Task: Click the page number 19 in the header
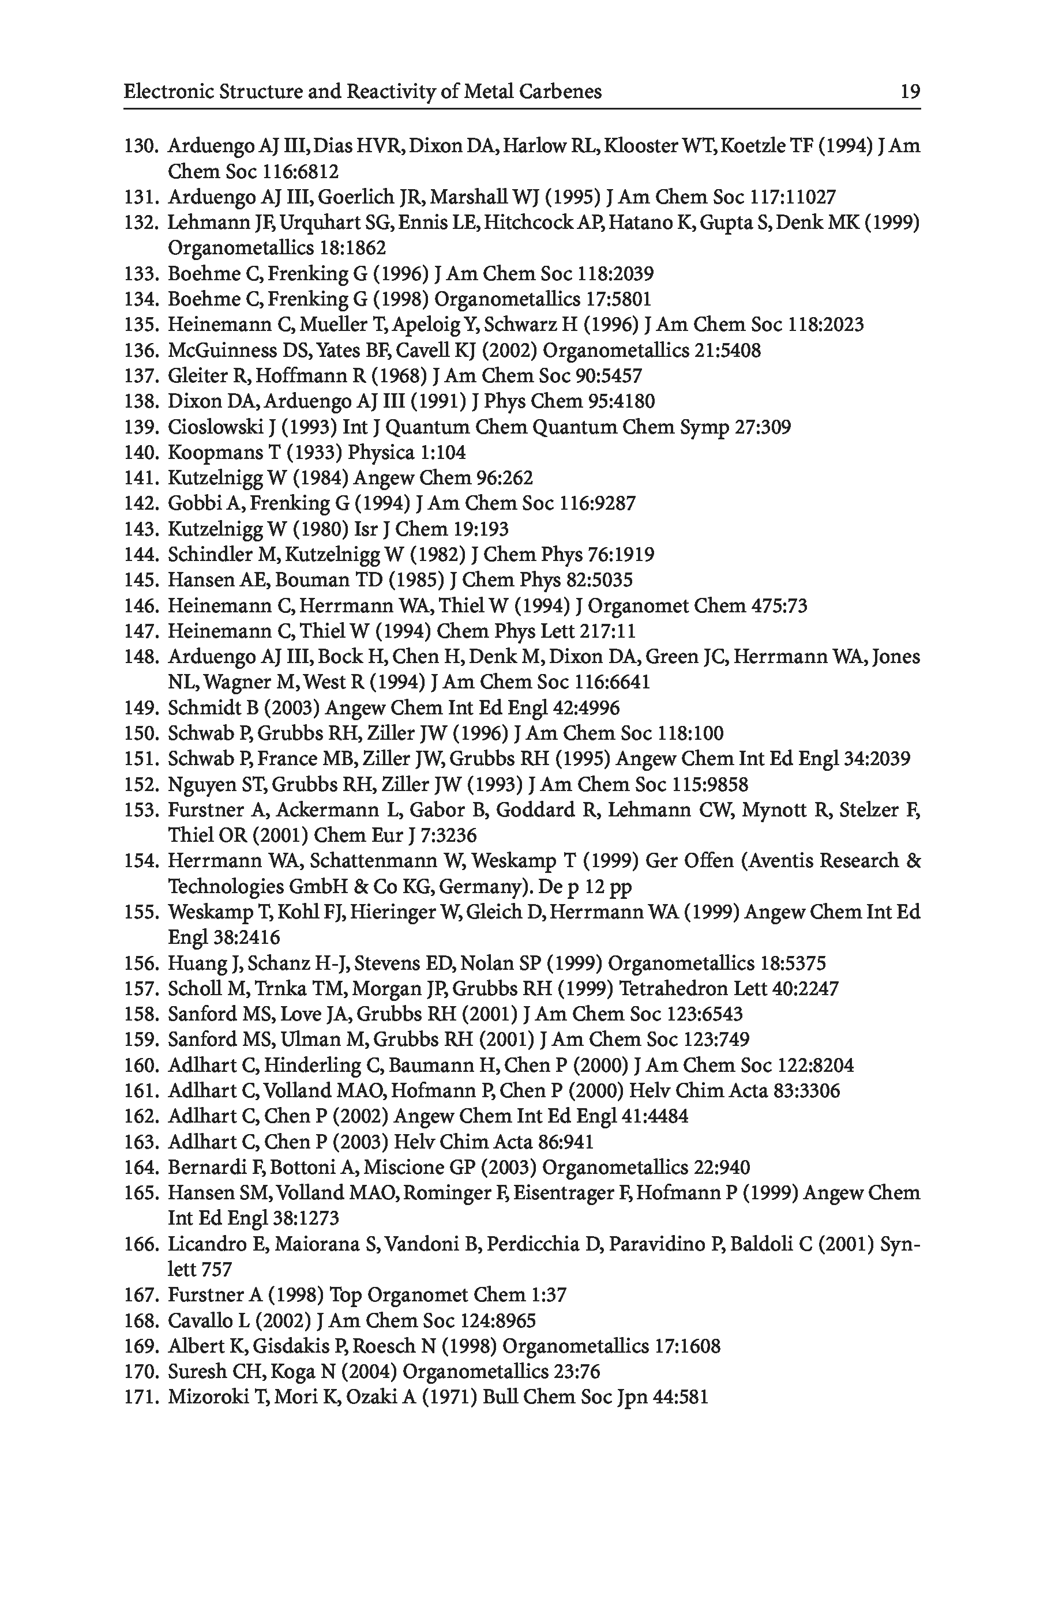tap(910, 92)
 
